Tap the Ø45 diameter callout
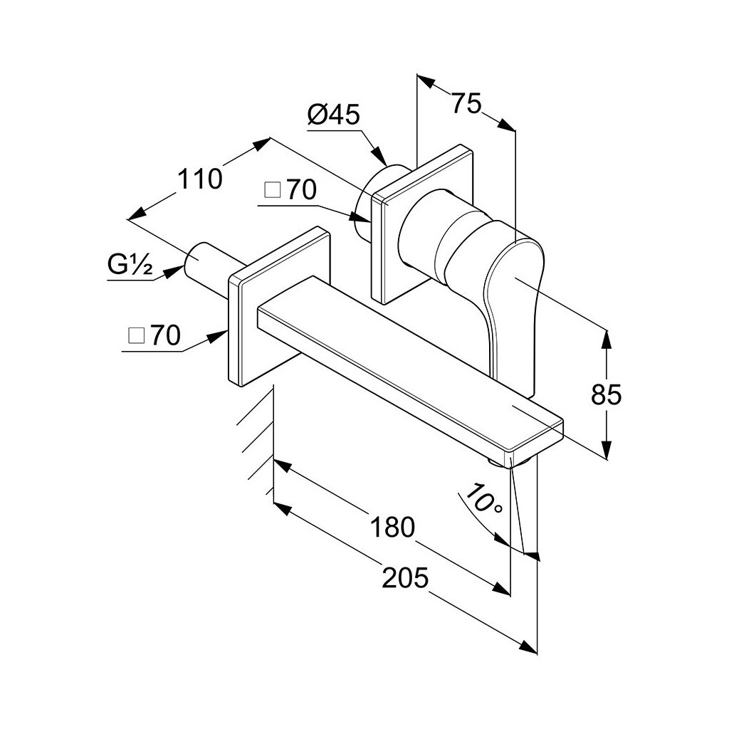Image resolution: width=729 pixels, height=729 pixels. tap(333, 114)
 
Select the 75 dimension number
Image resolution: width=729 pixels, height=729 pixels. tap(466, 103)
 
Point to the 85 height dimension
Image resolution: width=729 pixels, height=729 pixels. tap(607, 395)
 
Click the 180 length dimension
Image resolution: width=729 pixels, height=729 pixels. tap(392, 528)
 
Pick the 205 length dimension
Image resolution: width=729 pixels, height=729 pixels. tap(405, 578)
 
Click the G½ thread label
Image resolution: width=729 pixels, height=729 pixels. tap(130, 265)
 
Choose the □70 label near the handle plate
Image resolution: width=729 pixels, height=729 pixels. tap(290, 189)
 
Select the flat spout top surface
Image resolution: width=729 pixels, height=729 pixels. tap(409, 360)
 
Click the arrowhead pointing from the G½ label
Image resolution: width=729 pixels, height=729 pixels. tap(176, 271)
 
